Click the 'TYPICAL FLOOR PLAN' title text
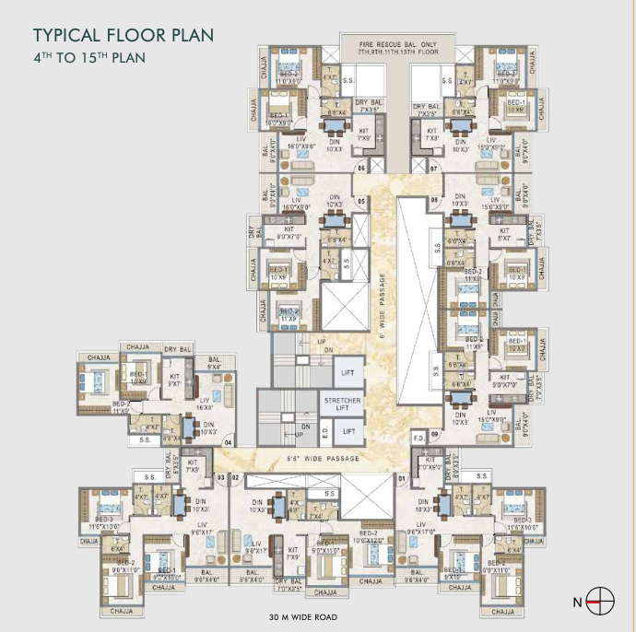(x=124, y=36)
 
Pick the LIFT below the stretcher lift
(x=348, y=431)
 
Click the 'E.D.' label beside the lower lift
(x=324, y=431)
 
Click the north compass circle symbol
(x=600, y=603)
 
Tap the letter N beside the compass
(x=577, y=603)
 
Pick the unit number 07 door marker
(x=433, y=169)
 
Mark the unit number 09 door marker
(x=433, y=433)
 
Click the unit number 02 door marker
(x=235, y=477)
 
